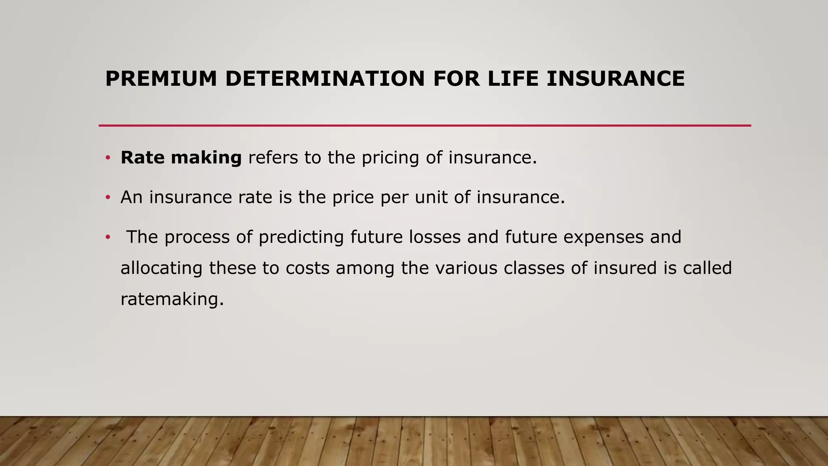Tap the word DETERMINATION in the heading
[x=325, y=78]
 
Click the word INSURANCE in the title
[x=615, y=78]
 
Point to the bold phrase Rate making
[x=181, y=157]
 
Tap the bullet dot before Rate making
[x=108, y=158]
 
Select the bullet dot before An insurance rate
[x=108, y=197]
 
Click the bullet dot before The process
[x=108, y=237]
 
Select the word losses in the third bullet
[x=435, y=237]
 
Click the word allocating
[x=161, y=269]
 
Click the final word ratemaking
[x=172, y=300]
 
